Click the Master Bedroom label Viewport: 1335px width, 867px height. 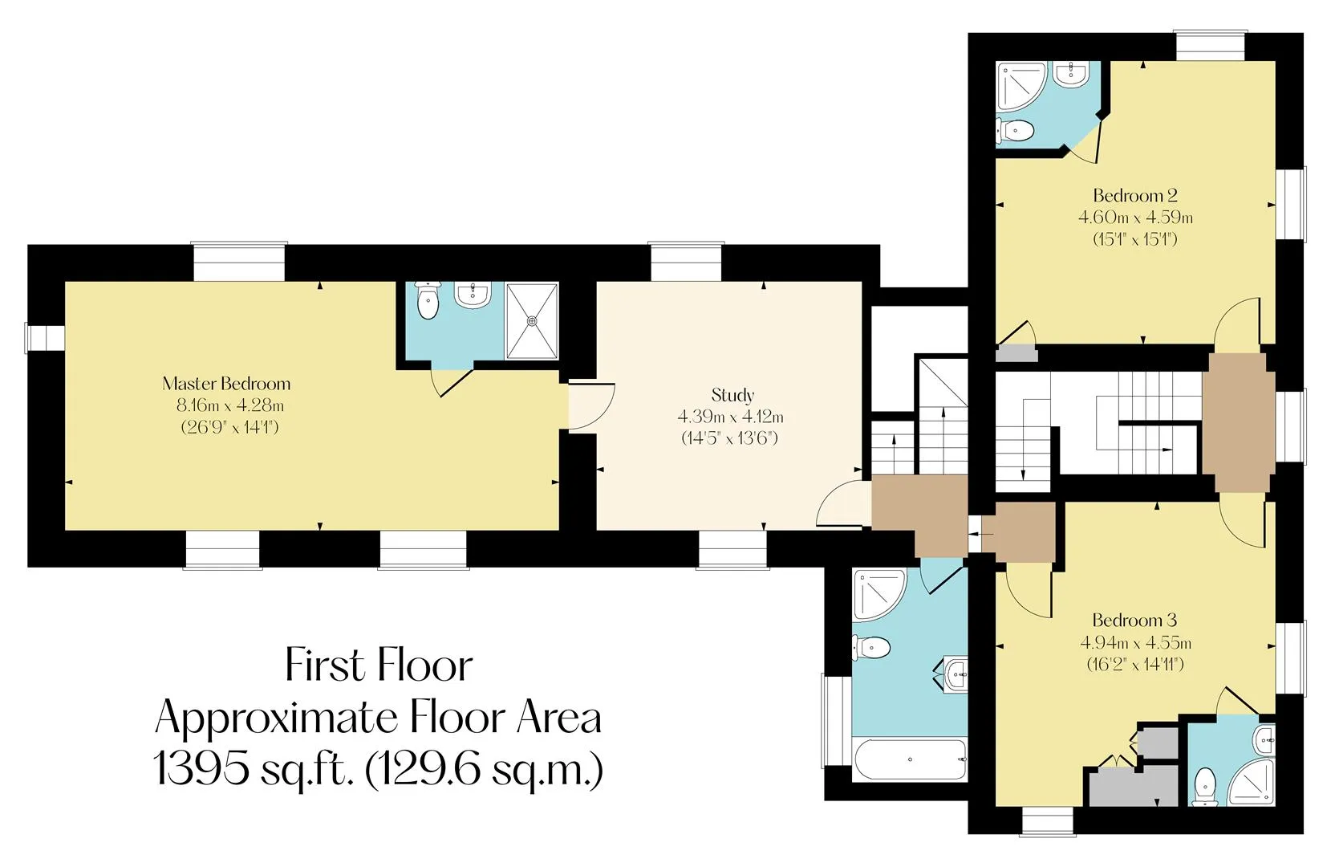(x=226, y=384)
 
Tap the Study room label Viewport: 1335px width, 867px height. (x=732, y=395)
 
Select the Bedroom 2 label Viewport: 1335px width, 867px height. (x=1135, y=195)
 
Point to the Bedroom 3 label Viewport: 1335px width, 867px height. (x=1134, y=620)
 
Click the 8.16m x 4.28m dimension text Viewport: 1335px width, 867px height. (x=230, y=405)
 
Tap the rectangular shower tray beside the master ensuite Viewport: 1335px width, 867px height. (x=532, y=321)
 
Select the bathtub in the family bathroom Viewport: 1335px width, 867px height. (x=910, y=759)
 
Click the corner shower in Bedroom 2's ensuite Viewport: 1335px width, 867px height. (x=1021, y=86)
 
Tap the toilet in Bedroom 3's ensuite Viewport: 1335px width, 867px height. (x=1206, y=787)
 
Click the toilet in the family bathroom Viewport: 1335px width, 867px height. (x=872, y=647)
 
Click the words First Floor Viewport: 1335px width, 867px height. (x=379, y=666)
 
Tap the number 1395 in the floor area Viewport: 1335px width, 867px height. (x=201, y=768)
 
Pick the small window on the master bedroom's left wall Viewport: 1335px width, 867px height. (x=45, y=338)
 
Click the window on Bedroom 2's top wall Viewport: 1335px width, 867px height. (x=1211, y=46)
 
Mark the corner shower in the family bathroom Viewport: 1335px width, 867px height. (x=879, y=595)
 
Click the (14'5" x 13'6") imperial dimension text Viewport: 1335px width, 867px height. (x=729, y=438)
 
